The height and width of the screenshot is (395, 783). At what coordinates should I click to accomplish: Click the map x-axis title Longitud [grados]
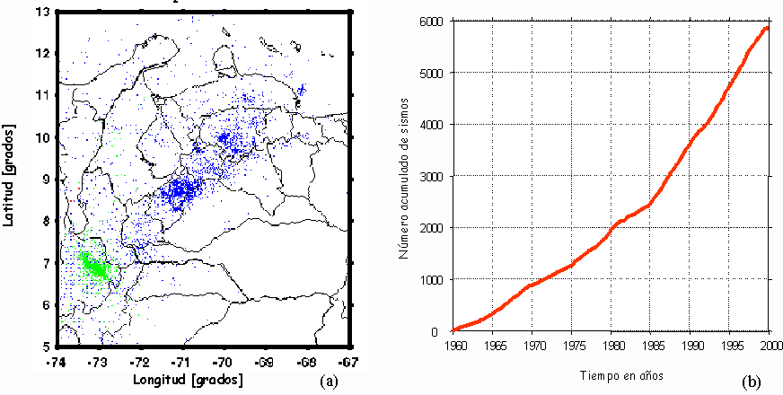pyautogui.click(x=188, y=380)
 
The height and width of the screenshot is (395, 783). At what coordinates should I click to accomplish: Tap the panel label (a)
pyautogui.click(x=330, y=381)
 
